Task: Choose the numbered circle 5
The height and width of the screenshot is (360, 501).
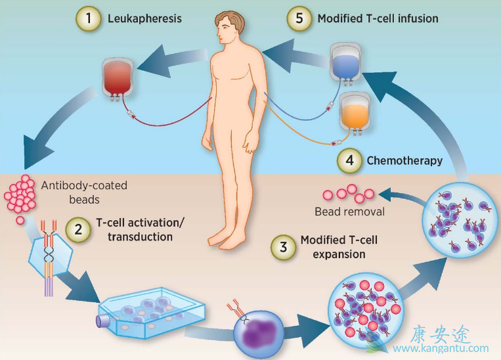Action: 299,19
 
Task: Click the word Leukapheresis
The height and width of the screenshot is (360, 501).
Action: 144,19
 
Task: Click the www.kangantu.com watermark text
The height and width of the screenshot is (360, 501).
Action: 449,349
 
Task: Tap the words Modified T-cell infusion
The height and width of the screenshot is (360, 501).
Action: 378,19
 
